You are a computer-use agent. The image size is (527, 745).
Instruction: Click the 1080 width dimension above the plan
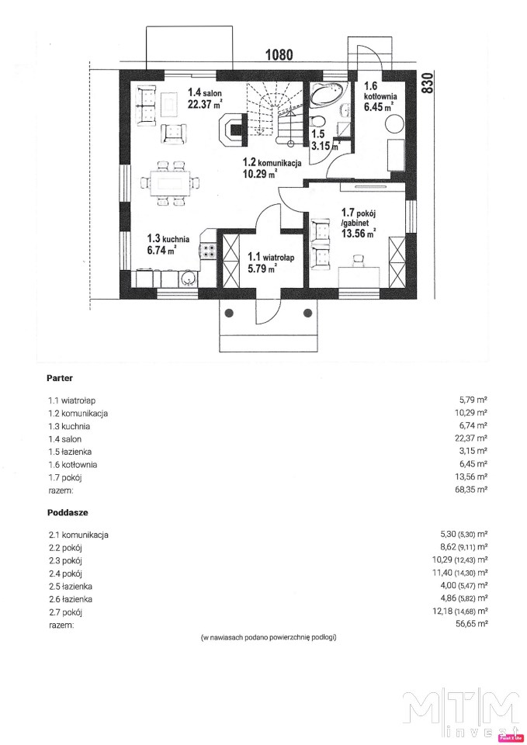[x=279, y=54]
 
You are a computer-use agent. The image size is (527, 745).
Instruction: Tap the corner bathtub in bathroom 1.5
[x=328, y=93]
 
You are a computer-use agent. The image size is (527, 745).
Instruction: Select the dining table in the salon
[x=170, y=183]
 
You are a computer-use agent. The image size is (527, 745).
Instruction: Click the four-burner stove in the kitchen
[x=208, y=251]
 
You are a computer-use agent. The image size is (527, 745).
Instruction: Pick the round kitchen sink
[x=188, y=279]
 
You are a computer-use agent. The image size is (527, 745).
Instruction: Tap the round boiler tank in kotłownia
[x=394, y=124]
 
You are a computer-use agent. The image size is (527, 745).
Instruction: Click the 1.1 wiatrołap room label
[x=271, y=257]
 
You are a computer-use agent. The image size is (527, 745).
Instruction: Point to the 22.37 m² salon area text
[x=205, y=105]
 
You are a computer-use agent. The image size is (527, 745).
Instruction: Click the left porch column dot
[x=230, y=313]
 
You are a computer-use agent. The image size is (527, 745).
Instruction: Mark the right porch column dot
[x=307, y=313]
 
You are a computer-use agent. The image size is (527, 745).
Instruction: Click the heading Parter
[x=60, y=378]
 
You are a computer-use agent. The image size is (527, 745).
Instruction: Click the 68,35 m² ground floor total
[x=471, y=490]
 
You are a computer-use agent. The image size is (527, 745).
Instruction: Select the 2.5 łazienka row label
[x=71, y=587]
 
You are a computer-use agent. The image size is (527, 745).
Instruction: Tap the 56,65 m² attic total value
[x=471, y=624]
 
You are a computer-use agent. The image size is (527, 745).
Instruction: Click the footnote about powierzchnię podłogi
[x=269, y=637]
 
